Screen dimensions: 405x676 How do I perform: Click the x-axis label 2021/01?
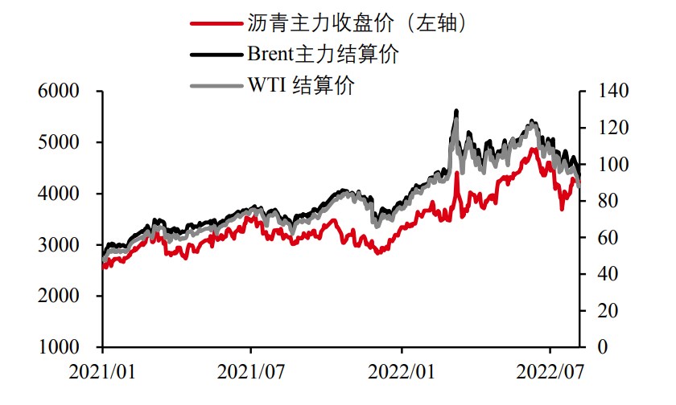point(102,373)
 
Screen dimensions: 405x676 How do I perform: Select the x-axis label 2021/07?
point(251,373)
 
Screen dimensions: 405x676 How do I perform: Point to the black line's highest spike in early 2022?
point(456,111)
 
